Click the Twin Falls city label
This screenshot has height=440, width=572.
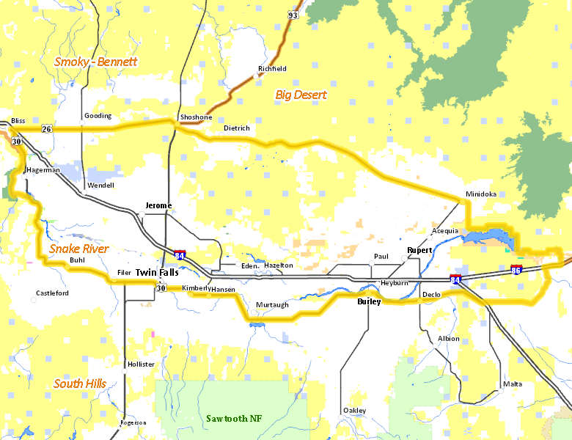156,272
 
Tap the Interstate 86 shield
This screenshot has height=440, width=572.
516,270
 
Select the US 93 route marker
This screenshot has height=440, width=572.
293,15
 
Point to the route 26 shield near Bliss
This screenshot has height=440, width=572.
46,129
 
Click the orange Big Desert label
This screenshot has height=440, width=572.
301,95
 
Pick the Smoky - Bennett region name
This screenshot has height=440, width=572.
95,62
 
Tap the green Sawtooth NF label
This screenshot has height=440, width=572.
233,418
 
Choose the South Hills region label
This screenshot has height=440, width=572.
80,384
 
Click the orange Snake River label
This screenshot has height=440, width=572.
79,249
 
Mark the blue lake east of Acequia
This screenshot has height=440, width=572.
487,237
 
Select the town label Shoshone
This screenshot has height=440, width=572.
196,117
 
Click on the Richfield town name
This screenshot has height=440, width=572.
272,69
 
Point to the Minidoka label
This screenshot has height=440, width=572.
480,194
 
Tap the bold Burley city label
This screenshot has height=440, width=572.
369,301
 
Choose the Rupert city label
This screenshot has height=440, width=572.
419,250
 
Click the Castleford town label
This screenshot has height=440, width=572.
52,293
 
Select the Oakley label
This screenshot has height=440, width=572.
354,411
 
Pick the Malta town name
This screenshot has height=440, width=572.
513,384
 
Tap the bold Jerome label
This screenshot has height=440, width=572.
158,205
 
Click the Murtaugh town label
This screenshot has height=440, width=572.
273,304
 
